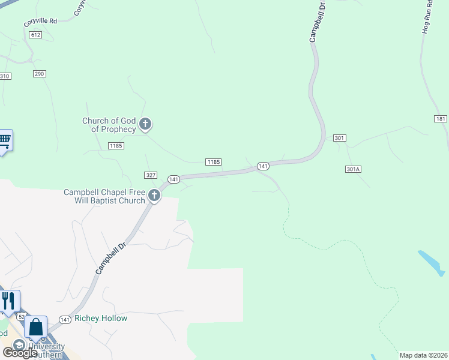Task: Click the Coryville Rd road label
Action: point(40,22)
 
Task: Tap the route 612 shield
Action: point(35,35)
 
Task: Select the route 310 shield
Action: point(5,76)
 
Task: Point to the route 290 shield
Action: point(40,73)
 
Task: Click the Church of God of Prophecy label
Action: point(109,125)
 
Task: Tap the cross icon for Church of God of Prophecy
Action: point(145,124)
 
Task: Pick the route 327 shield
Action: point(151,175)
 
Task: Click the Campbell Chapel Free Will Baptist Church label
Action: point(104,196)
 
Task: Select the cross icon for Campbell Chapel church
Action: point(154,195)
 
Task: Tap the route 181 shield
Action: point(441,119)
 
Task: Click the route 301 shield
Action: point(339,138)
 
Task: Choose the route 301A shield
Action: point(353,169)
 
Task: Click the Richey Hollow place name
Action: point(101,318)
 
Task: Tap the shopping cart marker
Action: point(4,140)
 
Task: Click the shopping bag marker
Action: point(36,328)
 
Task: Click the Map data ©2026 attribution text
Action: point(423,355)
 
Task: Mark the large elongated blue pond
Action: point(432,262)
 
